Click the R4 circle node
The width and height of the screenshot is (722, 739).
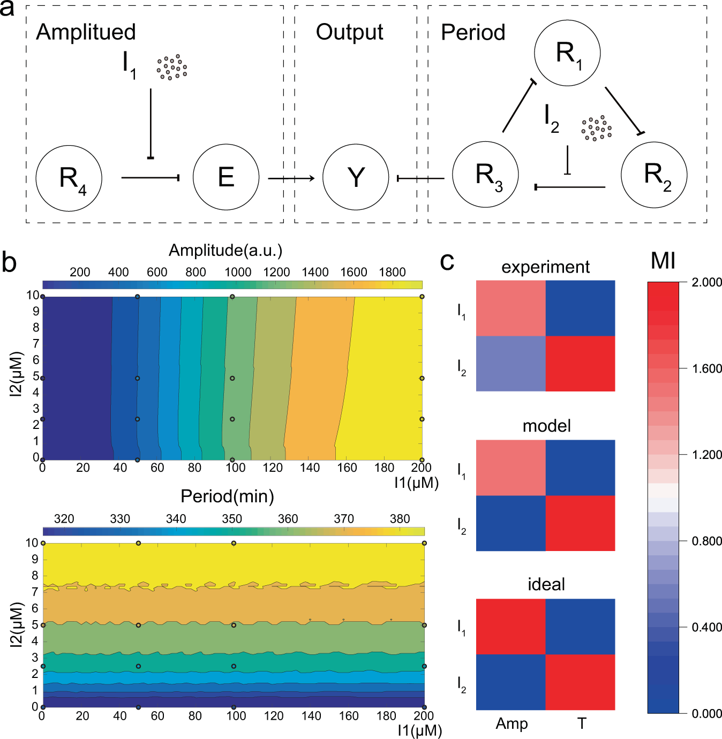(69, 178)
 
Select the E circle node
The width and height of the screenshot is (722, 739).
(226, 177)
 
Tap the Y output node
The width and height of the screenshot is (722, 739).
(356, 177)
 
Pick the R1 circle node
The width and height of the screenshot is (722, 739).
(567, 53)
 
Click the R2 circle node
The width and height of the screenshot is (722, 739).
(654, 175)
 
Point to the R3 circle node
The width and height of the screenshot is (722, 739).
(485, 175)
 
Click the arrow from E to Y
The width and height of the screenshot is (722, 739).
(291, 178)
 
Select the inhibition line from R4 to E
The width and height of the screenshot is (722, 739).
(150, 177)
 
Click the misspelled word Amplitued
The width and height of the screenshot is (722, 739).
(86, 32)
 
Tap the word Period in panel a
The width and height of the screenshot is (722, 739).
(473, 33)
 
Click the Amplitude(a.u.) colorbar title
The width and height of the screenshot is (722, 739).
(225, 250)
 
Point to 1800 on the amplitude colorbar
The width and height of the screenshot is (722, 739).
(392, 272)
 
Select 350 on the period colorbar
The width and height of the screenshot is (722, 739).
(232, 518)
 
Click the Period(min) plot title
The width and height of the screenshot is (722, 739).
(227, 496)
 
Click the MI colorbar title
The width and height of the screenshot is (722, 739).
(663, 261)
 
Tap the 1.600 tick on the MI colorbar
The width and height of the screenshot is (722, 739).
(706, 368)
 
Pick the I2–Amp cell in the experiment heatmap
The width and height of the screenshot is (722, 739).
(510, 364)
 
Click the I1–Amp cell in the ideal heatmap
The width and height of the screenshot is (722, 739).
(510, 627)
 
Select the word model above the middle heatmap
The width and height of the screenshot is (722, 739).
(546, 426)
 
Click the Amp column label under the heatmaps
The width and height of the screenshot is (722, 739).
(512, 723)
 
